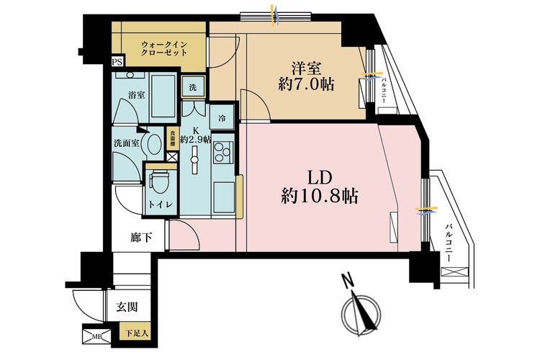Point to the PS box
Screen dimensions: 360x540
point(117,63)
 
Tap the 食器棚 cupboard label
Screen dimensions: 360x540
point(172,137)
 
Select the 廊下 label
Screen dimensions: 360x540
point(140,238)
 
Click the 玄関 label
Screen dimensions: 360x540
point(127,307)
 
